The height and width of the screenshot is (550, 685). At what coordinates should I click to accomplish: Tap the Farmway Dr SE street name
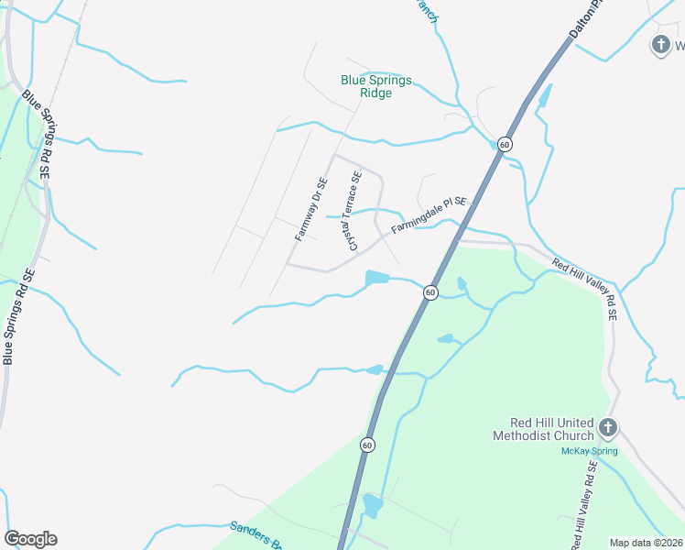pyautogui.click(x=310, y=209)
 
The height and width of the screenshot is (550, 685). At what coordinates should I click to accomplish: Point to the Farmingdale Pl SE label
pyautogui.click(x=429, y=215)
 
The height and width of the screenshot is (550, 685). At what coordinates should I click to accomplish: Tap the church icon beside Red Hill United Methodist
pyautogui.click(x=608, y=427)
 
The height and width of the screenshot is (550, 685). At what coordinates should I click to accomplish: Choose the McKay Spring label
pyautogui.click(x=589, y=451)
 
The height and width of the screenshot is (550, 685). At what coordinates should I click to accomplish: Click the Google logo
pyautogui.click(x=30, y=539)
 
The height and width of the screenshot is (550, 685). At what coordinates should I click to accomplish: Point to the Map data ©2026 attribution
pyautogui.click(x=646, y=543)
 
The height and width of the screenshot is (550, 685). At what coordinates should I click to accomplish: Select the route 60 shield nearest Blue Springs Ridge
pyautogui.click(x=505, y=145)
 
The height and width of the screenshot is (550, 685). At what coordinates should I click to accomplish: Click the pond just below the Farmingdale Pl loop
pyautogui.click(x=377, y=277)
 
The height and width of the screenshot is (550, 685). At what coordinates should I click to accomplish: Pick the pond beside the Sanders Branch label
pyautogui.click(x=372, y=505)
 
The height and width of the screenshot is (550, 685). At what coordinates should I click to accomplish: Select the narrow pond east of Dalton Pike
pyautogui.click(x=545, y=95)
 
